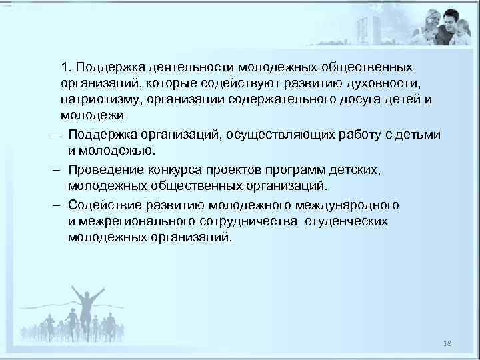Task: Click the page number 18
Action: point(447,342)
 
